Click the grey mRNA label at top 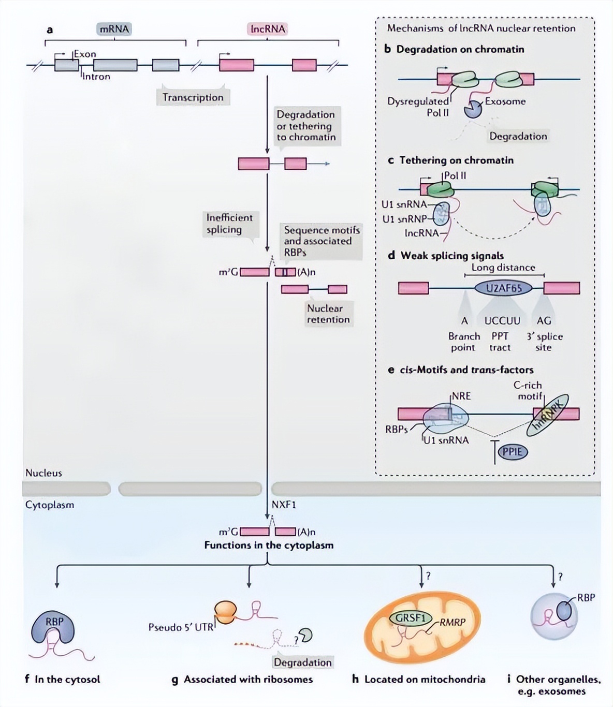(114, 29)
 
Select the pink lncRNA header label (268, 29)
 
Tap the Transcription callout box (193, 97)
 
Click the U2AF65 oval (503, 288)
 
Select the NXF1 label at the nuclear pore (284, 505)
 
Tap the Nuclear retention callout (328, 314)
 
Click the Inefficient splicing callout (229, 224)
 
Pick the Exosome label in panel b (505, 101)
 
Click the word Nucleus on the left (43, 473)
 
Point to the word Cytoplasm (50, 505)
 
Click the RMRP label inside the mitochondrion (453, 622)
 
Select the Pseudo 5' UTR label (181, 627)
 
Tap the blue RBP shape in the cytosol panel (54, 627)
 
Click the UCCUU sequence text (502, 321)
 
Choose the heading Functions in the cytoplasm (269, 545)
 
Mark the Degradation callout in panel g (302, 662)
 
